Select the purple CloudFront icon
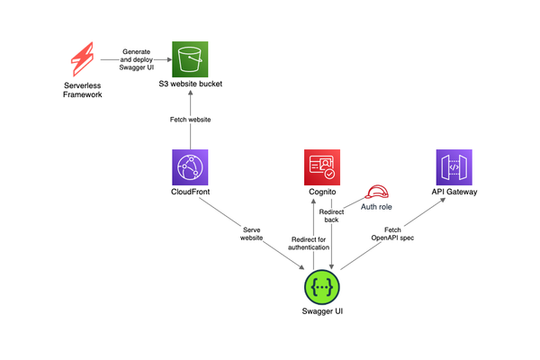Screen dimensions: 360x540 (189, 168)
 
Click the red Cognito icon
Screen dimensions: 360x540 (322, 168)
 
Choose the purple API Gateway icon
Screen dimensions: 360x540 (454, 168)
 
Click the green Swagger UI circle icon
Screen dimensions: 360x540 (323, 286)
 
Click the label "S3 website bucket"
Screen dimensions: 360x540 (189, 85)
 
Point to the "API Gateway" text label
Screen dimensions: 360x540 (454, 193)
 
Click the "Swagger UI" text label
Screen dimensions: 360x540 (323, 313)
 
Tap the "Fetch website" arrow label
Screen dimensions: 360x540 (189, 120)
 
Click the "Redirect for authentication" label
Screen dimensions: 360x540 (309, 243)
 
